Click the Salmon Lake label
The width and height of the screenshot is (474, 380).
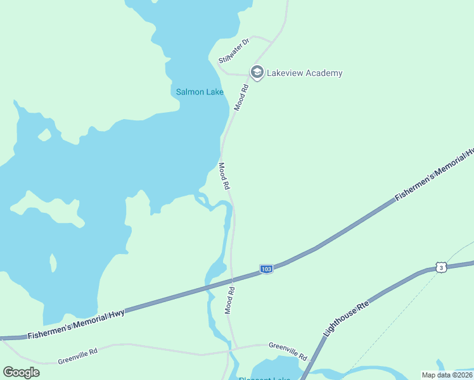click(x=200, y=92)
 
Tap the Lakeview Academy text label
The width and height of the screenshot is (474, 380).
click(x=304, y=73)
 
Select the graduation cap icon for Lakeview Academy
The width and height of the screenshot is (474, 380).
click(x=257, y=73)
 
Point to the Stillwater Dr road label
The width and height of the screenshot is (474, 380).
click(x=234, y=51)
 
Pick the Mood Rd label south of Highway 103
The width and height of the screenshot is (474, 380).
click(x=230, y=300)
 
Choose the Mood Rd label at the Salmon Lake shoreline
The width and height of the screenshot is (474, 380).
click(x=224, y=177)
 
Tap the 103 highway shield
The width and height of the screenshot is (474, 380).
click(x=266, y=269)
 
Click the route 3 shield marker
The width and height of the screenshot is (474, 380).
click(x=441, y=267)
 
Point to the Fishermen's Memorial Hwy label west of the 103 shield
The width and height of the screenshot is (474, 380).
click(x=76, y=323)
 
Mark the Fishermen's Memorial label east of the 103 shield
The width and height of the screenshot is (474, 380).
click(x=434, y=175)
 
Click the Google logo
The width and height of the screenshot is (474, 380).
click(x=22, y=372)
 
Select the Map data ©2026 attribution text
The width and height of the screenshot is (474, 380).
click(x=447, y=374)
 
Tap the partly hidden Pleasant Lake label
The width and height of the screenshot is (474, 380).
click(x=265, y=378)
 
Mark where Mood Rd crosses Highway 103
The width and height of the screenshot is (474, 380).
click(x=233, y=281)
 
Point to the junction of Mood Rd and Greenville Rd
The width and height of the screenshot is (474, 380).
click(x=236, y=348)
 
